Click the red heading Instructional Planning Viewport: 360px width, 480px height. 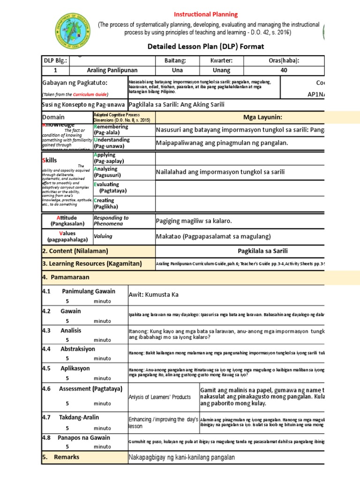click(206, 15)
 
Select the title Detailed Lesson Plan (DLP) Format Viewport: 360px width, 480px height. click(206, 46)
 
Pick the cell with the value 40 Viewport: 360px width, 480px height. click(283, 70)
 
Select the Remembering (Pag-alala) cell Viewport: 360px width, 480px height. click(111, 130)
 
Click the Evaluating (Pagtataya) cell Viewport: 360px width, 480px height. click(110, 187)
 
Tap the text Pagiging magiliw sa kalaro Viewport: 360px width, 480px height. click(194, 221)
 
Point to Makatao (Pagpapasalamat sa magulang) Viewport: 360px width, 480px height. click(213, 236)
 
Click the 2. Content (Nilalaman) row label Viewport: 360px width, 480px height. click(75, 251)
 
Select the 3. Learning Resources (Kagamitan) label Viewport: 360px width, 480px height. click(92, 264)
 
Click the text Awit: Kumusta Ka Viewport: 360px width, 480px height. click(154, 294)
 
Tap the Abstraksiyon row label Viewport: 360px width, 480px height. click(77, 349)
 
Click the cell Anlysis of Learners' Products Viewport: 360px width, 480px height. click(159, 397)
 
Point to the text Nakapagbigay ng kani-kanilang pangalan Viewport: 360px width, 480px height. click(181, 457)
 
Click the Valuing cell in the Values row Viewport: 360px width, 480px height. click(103, 237)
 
